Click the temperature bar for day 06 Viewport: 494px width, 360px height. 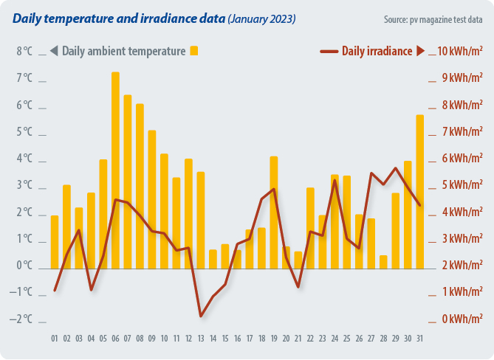pyautogui.click(x=115, y=170)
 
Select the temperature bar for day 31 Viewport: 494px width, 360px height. pyautogui.click(x=419, y=191)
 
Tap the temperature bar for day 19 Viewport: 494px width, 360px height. pyautogui.click(x=273, y=212)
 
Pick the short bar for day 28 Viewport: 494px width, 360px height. pyautogui.click(x=383, y=261)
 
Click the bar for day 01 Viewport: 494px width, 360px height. pyautogui.click(x=55, y=241)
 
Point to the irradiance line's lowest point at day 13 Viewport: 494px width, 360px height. pyautogui.click(x=201, y=316)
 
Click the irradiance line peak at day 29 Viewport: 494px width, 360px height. pyautogui.click(x=396, y=168)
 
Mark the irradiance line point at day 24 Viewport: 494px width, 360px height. pyautogui.click(x=335, y=181)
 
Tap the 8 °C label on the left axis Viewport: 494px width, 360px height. pyautogui.click(x=24, y=52)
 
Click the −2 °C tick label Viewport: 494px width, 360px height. pyautogui.click(x=24, y=319)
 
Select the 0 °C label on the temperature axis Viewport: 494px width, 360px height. pyautogui.click(x=24, y=266)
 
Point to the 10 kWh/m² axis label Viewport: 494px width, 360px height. pyautogui.click(x=460, y=52)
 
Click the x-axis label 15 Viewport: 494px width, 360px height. pyautogui.click(x=224, y=339)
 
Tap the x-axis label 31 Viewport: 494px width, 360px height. pyautogui.click(x=419, y=339)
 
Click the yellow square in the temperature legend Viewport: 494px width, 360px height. pyautogui.click(x=194, y=51)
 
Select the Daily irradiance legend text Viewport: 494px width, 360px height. pyautogui.click(x=376, y=51)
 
